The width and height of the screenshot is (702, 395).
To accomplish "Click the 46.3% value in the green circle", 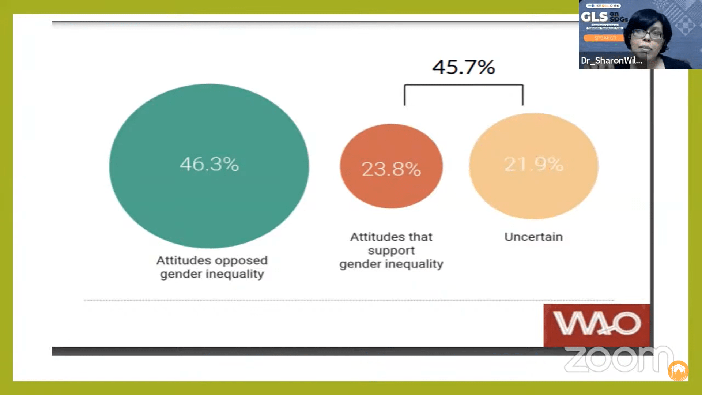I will click(x=209, y=164).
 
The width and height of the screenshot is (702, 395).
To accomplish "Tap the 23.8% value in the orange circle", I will click(x=391, y=169).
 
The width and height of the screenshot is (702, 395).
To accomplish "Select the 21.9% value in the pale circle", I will click(x=533, y=164).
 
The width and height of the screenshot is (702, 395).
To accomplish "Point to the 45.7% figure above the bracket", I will click(x=464, y=67).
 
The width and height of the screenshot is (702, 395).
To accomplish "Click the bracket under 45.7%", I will click(x=464, y=86).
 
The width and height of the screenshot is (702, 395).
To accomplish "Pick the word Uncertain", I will click(x=533, y=237).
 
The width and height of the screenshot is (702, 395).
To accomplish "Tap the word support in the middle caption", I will click(x=391, y=251).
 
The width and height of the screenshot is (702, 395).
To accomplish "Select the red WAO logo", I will click(x=597, y=324).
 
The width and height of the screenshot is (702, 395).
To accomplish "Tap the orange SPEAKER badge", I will click(x=605, y=38).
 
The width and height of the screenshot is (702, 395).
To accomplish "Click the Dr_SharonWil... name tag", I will click(x=612, y=61).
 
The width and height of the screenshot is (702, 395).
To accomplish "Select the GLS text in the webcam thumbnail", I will click(x=594, y=17).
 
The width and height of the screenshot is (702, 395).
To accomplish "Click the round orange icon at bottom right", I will click(x=678, y=371).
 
